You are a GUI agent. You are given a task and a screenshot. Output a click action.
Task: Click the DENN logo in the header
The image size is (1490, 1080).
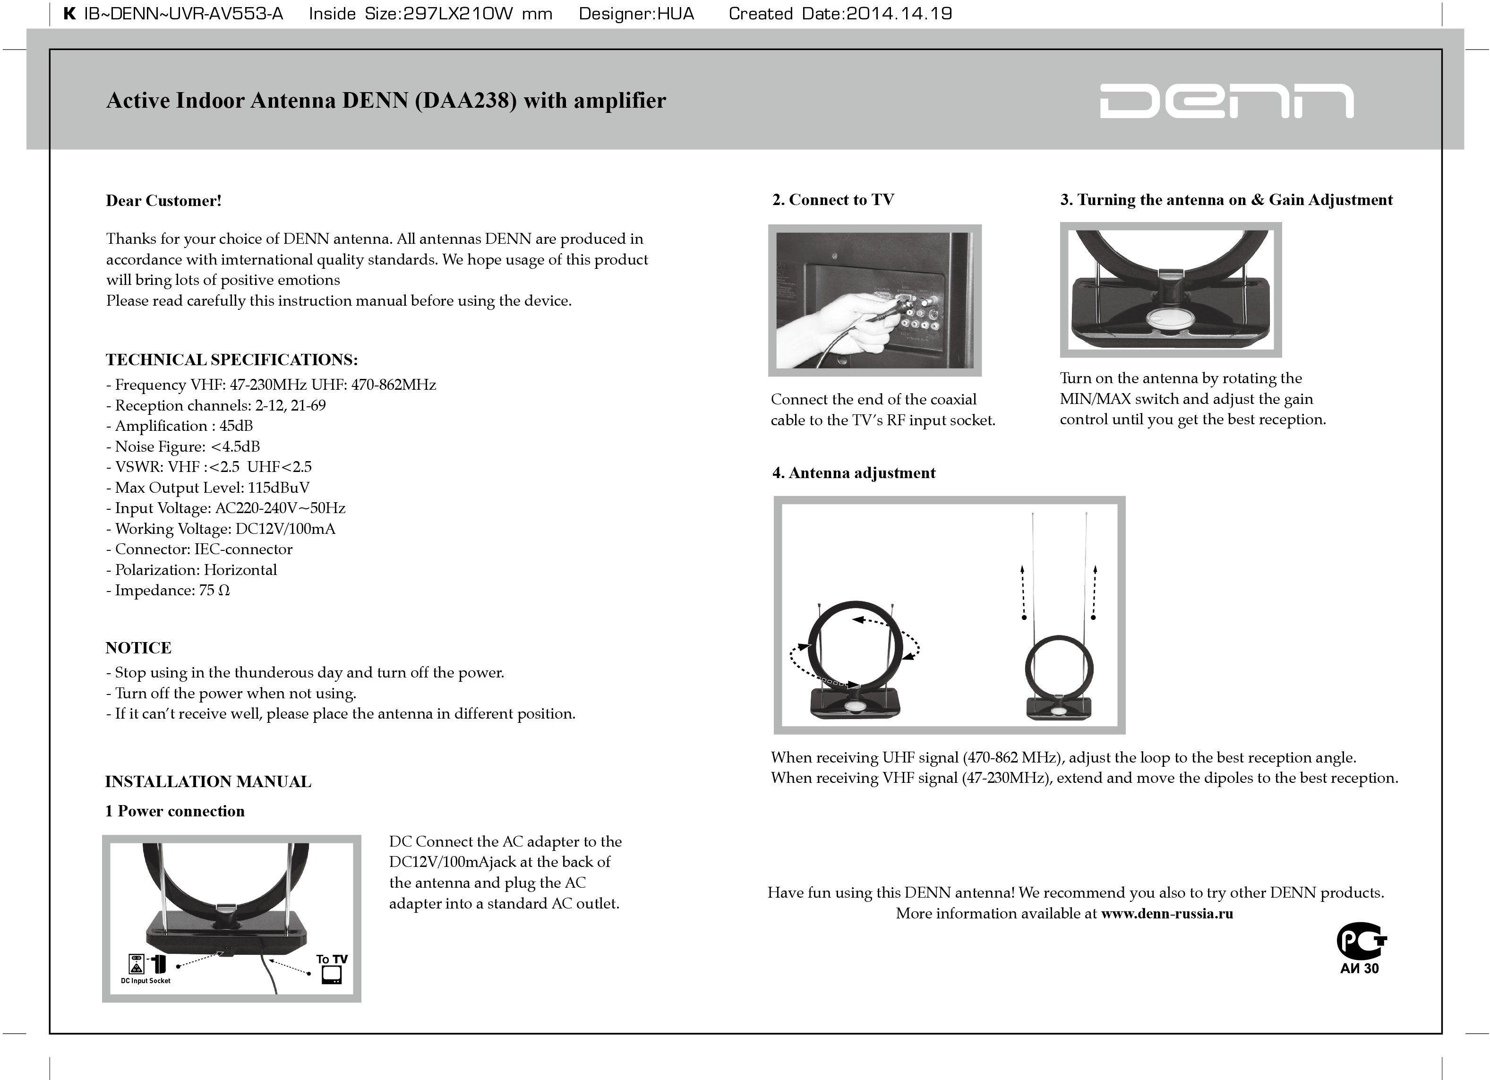tap(1226, 101)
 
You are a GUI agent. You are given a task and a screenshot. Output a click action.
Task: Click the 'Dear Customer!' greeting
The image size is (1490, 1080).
tap(163, 201)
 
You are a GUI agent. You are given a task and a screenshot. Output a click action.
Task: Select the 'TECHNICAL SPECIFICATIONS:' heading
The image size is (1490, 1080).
tap(232, 360)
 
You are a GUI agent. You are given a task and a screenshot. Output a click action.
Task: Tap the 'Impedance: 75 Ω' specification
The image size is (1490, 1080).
tap(168, 591)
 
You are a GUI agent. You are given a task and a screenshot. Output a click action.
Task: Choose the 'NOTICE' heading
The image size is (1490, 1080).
tap(138, 648)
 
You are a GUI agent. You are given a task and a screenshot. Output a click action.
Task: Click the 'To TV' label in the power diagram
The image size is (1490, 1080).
tap(332, 959)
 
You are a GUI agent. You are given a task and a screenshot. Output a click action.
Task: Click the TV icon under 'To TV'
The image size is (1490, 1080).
tap(332, 975)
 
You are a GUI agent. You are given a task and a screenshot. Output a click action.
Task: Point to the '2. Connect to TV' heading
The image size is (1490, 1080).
tap(833, 200)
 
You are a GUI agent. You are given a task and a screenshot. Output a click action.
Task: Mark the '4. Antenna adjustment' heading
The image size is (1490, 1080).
tap(853, 473)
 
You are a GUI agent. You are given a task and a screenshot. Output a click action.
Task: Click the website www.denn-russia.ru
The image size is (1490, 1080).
tap(1167, 914)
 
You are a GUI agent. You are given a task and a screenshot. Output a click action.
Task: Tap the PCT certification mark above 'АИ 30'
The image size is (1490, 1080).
tap(1361, 942)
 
